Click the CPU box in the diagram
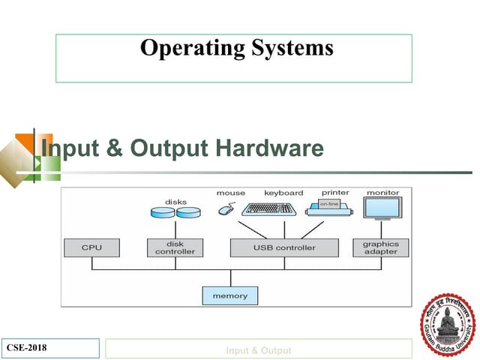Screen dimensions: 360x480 [91, 247]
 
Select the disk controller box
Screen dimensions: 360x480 [175, 247]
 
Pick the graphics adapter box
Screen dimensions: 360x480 [381, 247]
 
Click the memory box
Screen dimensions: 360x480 [229, 295]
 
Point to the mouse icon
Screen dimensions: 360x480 [226, 209]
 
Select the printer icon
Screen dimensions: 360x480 [330, 208]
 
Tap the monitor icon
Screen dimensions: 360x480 [382, 208]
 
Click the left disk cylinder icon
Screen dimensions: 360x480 [163, 213]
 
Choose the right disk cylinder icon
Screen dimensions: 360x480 [188, 213]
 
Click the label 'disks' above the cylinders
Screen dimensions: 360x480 [175, 202]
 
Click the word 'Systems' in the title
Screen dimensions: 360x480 [292, 48]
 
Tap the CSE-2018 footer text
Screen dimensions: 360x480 [26, 347]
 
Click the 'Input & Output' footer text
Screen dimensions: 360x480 [259, 350]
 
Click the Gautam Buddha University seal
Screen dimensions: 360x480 [446, 324]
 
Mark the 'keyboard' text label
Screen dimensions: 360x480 [283, 193]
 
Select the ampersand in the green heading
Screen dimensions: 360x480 [115, 148]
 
